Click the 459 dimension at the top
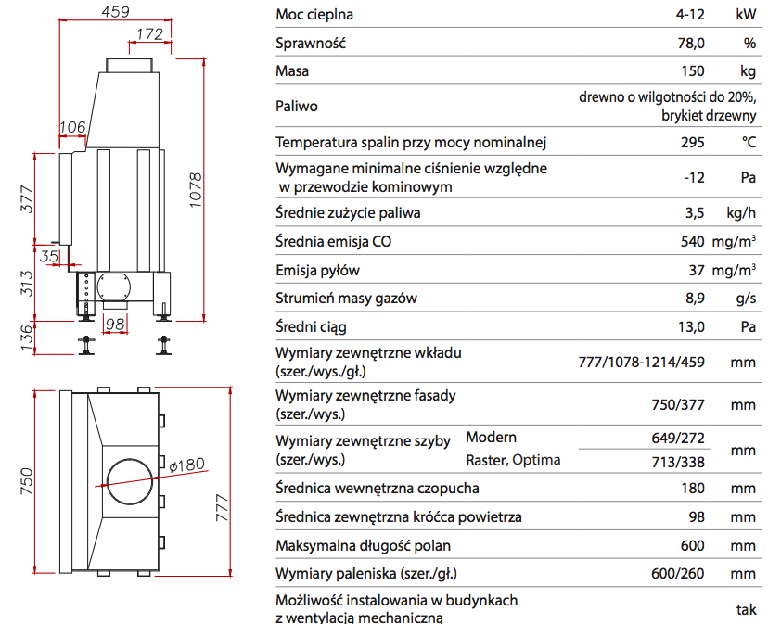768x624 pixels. [115, 11]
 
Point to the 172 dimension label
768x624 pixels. [149, 34]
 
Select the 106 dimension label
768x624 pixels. [72, 126]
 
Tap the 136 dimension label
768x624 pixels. [26, 337]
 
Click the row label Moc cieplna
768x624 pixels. [314, 15]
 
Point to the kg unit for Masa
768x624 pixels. [747, 70]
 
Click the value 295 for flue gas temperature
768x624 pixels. [693, 142]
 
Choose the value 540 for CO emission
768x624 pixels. [693, 242]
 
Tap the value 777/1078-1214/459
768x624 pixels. [641, 362]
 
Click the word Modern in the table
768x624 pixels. [492, 438]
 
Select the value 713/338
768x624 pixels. [678, 460]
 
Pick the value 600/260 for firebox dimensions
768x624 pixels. [678, 574]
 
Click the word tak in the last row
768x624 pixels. [747, 609]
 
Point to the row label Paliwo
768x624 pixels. [297, 106]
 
